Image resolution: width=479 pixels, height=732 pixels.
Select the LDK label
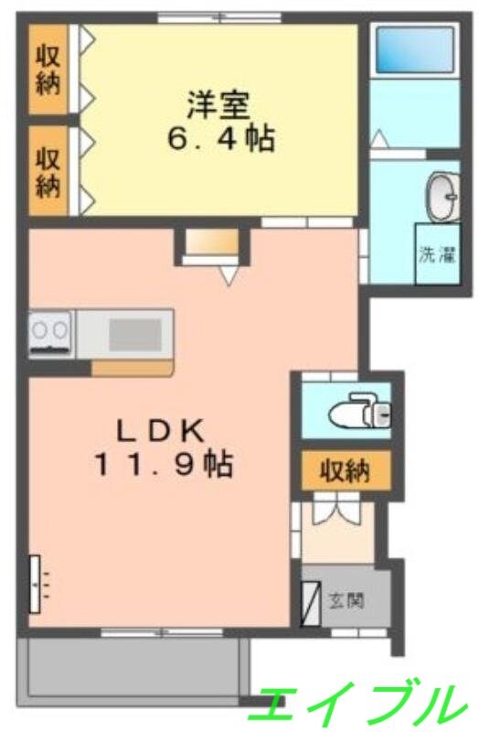tap(164, 428)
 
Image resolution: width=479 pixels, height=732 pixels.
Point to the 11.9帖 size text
tap(164, 466)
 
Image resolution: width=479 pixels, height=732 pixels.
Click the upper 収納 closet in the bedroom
tap(48, 70)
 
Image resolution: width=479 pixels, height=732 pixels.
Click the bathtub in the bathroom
tap(415, 53)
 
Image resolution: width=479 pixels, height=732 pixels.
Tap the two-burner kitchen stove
tap(51, 333)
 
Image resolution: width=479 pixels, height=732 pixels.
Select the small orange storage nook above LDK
tap(211, 242)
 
